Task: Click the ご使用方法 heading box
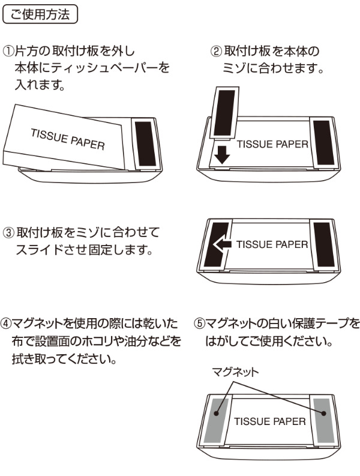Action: coord(41,13)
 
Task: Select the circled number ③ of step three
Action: coord(8,232)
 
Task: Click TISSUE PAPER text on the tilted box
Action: coord(68,139)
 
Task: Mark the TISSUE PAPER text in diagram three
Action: coord(272,245)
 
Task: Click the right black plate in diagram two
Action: coord(322,143)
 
